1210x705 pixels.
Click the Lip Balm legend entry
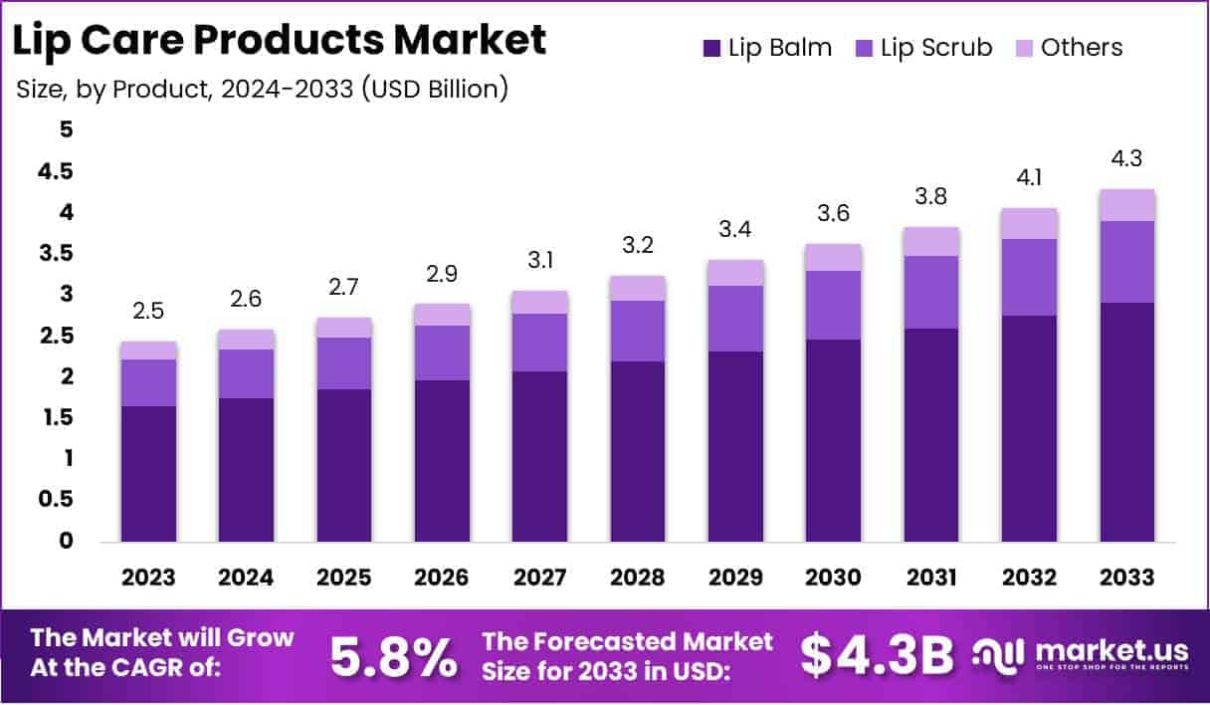[766, 47]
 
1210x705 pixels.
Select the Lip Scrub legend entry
[922, 47]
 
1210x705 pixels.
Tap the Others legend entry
[1069, 47]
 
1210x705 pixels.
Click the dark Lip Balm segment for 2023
[148, 473]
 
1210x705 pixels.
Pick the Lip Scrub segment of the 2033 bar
[1127, 262]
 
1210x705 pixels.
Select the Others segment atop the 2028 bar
[638, 288]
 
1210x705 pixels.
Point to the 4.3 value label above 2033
[1127, 159]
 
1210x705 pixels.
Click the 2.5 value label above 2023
[148, 312]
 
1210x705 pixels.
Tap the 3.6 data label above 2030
[834, 214]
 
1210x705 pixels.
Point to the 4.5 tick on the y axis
[55, 171]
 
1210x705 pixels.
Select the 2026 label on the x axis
[442, 578]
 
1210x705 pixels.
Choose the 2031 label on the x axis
[931, 578]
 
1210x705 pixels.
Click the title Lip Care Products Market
[282, 40]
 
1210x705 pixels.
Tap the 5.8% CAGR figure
[394, 655]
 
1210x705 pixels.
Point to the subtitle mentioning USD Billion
[263, 89]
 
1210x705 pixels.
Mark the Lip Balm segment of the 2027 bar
[540, 456]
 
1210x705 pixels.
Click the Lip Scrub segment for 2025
[344, 362]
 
